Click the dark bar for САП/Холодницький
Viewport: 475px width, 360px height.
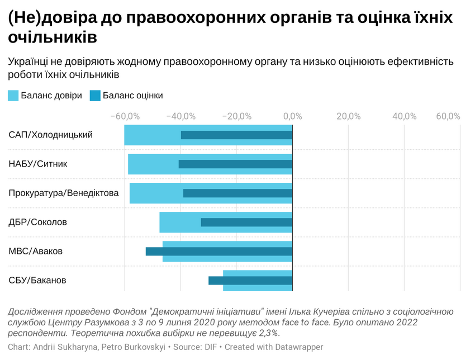[x=236, y=135]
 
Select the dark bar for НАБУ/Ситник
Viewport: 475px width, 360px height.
[x=235, y=164]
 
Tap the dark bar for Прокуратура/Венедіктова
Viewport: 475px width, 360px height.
[x=237, y=193]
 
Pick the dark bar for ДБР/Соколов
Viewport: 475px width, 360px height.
[x=246, y=222]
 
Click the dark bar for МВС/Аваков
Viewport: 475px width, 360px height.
[x=219, y=251]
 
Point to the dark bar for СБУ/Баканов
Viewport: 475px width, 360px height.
[x=250, y=280]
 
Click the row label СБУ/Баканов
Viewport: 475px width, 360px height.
[x=37, y=280]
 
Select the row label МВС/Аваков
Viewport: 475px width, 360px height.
[x=36, y=251]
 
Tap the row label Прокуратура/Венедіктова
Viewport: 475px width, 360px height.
[x=64, y=193]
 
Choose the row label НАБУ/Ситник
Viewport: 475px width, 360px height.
[x=38, y=164]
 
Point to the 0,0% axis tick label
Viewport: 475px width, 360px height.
[x=292, y=116]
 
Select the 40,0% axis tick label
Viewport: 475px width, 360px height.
[x=404, y=116]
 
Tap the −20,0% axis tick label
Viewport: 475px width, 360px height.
[x=236, y=116]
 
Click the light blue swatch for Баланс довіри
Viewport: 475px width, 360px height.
[x=13, y=96]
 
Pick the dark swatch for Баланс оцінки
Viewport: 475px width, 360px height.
[x=95, y=96]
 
